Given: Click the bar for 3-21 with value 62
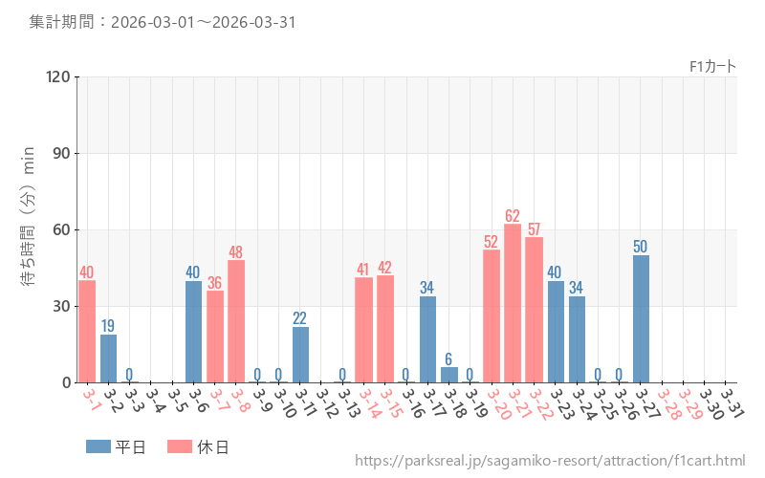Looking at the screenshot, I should pos(513,303).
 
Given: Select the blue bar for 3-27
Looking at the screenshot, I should pos(641,318).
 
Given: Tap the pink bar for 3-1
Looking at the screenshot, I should pos(87,331).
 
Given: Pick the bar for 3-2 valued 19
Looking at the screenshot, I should pos(108,358).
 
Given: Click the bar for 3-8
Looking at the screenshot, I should pos(236,321).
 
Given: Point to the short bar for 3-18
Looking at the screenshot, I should pos(449,375).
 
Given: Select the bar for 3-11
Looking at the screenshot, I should pos(300,355).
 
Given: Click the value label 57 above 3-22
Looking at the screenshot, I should pos(534,229).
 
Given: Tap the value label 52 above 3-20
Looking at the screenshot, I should pos(492,242).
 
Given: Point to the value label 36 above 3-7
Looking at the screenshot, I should pos(214,283).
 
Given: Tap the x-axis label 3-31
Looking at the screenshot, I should pos(732,401).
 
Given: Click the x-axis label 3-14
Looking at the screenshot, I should pos(369,402).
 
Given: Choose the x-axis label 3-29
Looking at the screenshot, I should pos(689,402).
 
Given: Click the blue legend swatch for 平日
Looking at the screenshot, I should pos(98,446).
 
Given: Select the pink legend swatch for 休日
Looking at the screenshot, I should pos(179,446).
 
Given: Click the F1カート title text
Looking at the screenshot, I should pos(712,66).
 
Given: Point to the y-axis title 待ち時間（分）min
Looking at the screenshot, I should pos(29,229).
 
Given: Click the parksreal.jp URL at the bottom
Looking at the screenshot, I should pos(550,461).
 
